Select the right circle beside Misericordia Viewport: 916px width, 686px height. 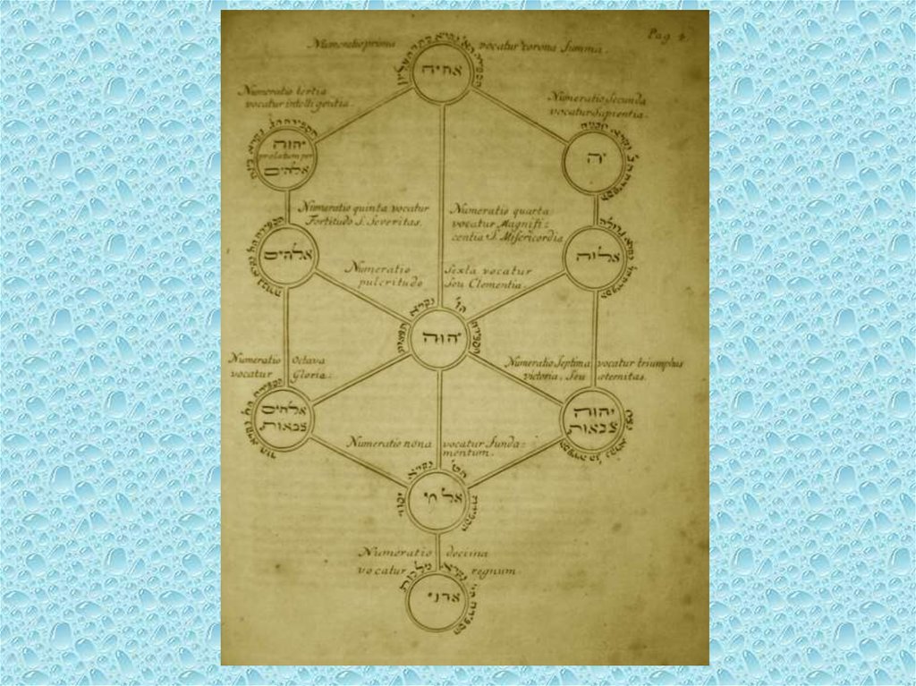tap(593, 258)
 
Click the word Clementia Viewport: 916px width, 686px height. tap(504, 284)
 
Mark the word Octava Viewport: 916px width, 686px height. tap(310, 360)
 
